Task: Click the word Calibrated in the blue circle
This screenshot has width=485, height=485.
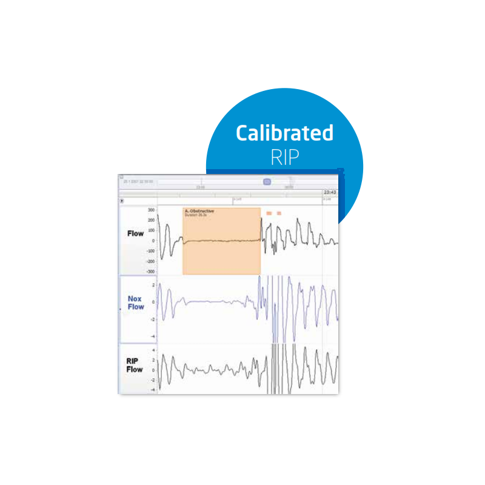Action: [x=284, y=133]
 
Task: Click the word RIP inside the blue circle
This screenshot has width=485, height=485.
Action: [x=284, y=157]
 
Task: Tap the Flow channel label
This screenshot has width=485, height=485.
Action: [x=136, y=233]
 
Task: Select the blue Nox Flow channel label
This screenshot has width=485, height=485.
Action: [x=136, y=303]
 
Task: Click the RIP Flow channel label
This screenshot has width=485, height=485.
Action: [x=135, y=365]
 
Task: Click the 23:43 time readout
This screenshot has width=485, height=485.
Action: [x=330, y=192]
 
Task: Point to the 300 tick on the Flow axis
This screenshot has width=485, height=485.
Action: [x=151, y=210]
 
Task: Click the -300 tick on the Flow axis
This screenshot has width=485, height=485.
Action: [x=150, y=272]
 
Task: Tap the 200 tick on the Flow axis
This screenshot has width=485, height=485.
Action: [x=151, y=220]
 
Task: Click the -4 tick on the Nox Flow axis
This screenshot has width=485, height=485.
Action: [x=153, y=336]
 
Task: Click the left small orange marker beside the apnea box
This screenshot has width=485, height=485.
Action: [x=269, y=213]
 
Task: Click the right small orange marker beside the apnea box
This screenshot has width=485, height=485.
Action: [x=279, y=213]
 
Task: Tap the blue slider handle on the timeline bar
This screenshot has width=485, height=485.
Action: [x=267, y=181]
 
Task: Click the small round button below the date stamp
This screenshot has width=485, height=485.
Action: [x=122, y=200]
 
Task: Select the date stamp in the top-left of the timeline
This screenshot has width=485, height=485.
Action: [x=138, y=181]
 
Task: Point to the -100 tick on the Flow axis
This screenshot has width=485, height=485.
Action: [x=150, y=251]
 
